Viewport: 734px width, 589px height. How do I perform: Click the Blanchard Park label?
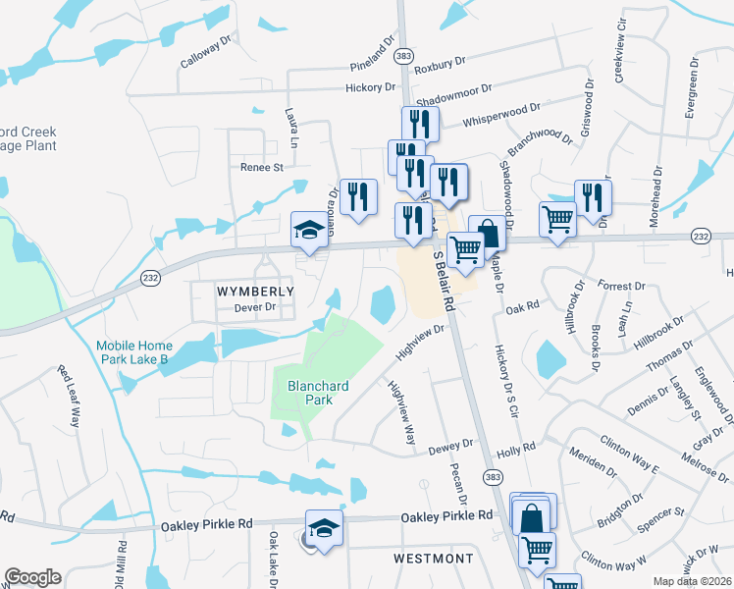[311, 393]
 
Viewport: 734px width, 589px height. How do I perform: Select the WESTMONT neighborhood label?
[433, 559]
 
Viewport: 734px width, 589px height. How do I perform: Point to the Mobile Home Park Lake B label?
[133, 352]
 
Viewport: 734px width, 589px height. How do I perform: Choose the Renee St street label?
[261, 167]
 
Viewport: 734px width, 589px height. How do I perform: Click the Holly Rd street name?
[515, 448]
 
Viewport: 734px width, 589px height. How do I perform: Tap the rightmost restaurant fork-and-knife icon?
[593, 197]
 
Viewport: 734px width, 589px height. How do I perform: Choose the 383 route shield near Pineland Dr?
[403, 58]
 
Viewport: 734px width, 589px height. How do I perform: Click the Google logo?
[32, 577]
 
